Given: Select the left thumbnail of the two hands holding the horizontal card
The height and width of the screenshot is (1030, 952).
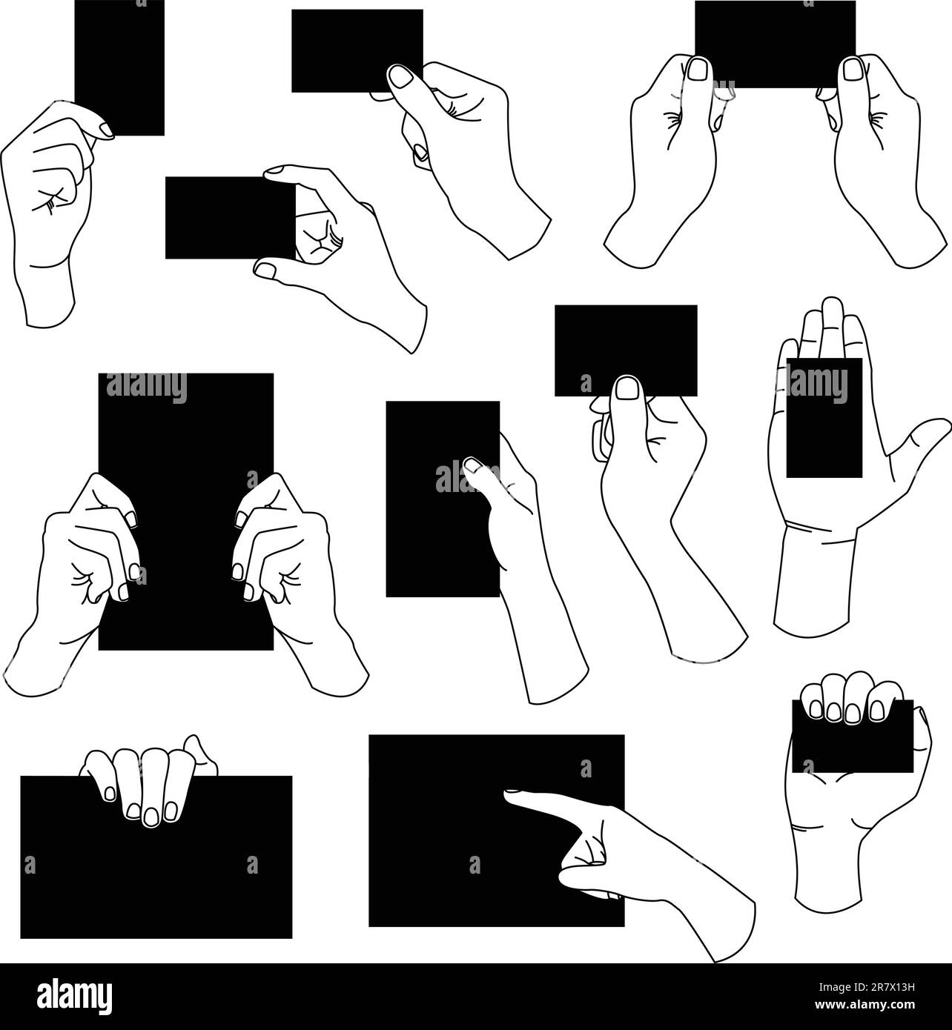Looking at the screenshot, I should pyautogui.click(x=697, y=69).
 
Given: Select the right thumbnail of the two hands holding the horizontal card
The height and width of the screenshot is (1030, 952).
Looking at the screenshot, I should pyautogui.click(x=853, y=70).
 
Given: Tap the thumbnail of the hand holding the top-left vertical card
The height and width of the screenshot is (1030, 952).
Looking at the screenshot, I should pyautogui.click(x=106, y=131).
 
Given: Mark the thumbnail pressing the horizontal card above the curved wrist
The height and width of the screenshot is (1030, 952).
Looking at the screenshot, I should pyautogui.click(x=627, y=387).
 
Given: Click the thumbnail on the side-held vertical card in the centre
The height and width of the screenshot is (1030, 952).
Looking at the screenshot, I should pyautogui.click(x=472, y=465).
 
